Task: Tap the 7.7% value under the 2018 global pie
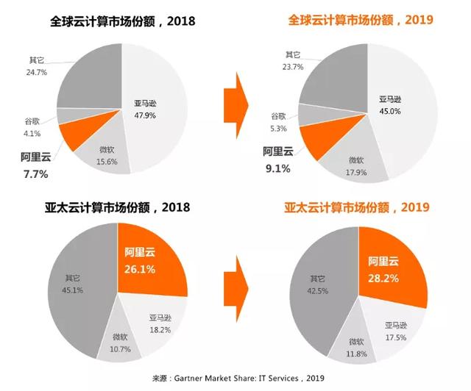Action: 35,174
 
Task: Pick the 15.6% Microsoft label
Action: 107,162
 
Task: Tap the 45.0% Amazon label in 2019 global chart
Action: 389,111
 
